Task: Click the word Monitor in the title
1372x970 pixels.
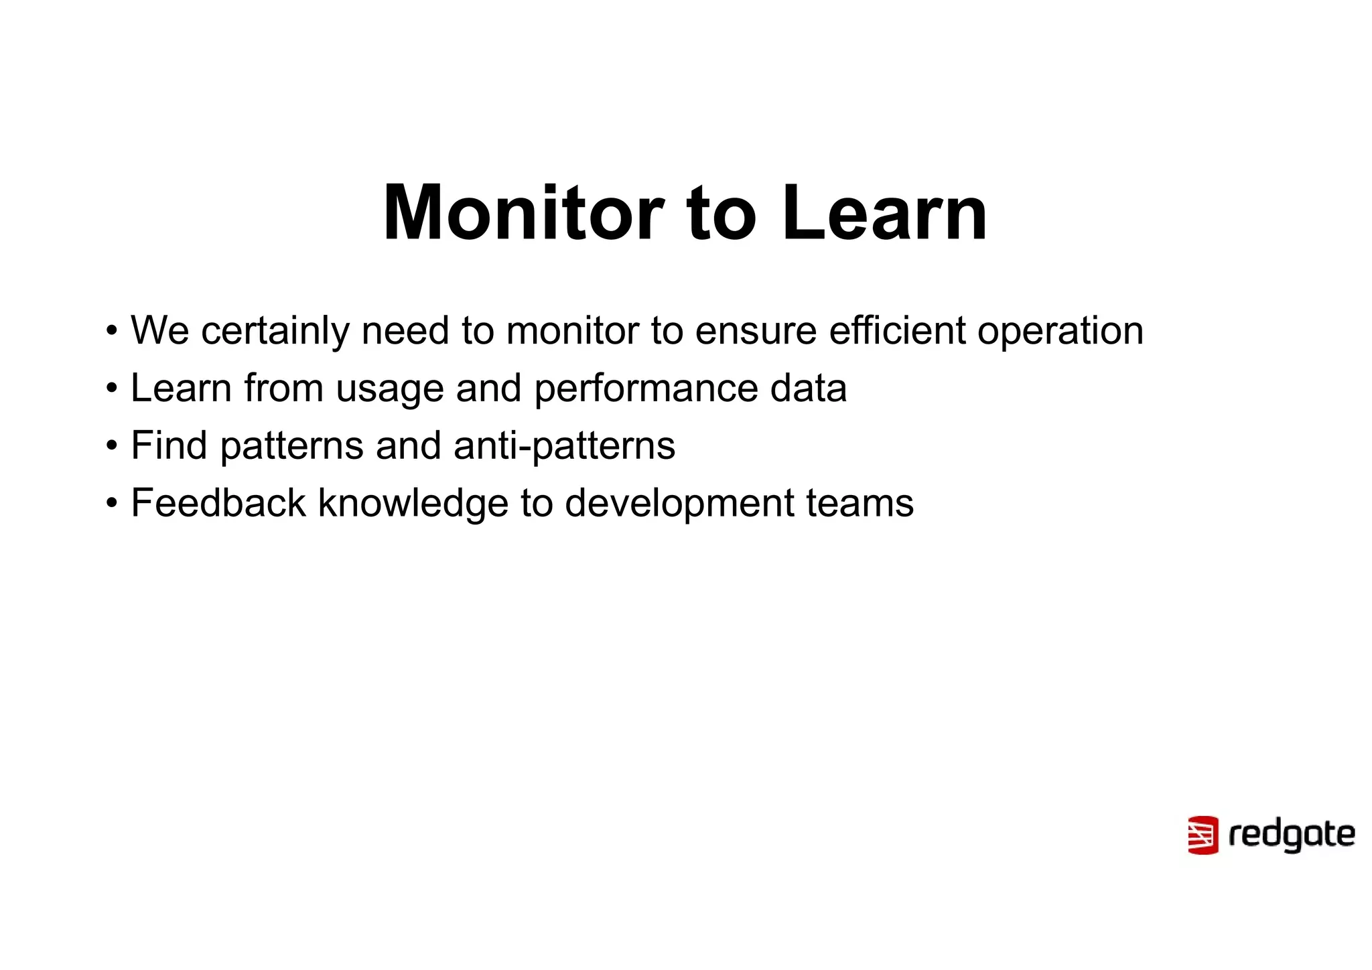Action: [523, 213]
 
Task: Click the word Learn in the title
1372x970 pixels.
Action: [884, 213]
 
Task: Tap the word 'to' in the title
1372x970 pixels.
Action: [722, 213]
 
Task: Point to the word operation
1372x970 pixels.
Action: [1060, 331]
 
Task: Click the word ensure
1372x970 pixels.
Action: [756, 331]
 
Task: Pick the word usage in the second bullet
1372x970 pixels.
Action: [389, 389]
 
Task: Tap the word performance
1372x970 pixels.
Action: [646, 389]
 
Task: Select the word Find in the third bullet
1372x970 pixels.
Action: [169, 445]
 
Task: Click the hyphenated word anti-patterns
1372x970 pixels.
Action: [564, 445]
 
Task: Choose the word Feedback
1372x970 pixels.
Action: [218, 503]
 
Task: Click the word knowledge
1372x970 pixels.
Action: [413, 503]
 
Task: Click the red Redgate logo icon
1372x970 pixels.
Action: [1203, 835]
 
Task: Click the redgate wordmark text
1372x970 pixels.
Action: [1292, 835]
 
